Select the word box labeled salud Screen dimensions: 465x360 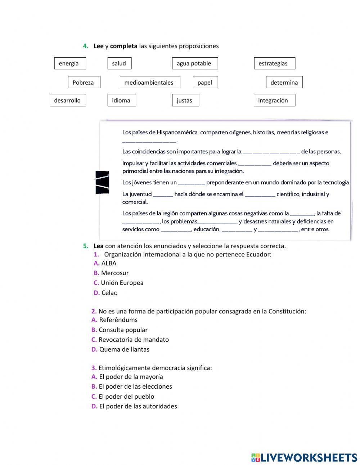point(119,63)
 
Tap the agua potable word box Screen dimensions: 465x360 point(195,63)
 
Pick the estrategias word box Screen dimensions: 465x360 point(274,63)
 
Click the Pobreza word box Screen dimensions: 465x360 point(84,82)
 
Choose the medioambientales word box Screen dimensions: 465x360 point(150,82)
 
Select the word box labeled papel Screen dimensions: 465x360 point(205,82)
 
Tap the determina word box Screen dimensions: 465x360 point(284,82)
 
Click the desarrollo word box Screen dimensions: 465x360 point(68,100)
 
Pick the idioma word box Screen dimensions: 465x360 point(122,100)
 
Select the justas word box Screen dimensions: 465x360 point(185,100)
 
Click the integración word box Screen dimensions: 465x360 point(274,100)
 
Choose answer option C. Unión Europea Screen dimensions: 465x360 point(118,283)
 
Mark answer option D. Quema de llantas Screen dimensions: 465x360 point(120,349)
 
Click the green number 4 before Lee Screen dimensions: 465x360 point(85,46)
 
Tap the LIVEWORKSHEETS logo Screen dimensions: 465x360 point(304,457)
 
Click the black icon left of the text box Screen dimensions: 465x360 point(102,182)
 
